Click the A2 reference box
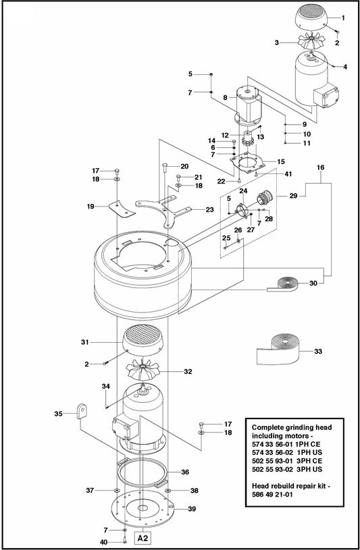click(x=142, y=539)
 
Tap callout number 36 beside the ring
click(x=184, y=472)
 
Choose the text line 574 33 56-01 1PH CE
click(x=294, y=446)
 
